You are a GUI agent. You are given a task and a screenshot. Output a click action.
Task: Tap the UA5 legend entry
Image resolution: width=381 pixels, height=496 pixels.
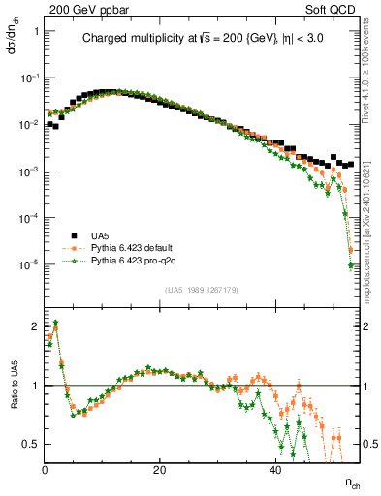coord(100,235)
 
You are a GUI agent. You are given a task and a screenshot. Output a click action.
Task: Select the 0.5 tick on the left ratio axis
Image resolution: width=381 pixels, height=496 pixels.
coord(33,444)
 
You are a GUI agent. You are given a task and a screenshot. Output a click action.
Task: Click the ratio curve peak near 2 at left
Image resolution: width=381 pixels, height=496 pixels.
coord(56,323)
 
